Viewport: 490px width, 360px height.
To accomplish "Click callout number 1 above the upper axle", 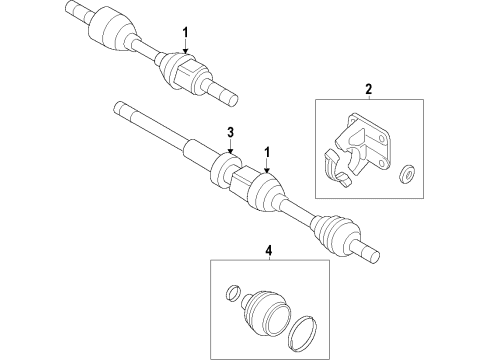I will [185, 34].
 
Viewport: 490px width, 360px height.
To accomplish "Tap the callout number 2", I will [367, 89].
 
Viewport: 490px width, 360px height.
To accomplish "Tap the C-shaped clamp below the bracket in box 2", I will [337, 169].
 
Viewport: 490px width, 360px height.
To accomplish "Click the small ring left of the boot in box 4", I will [233, 294].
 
